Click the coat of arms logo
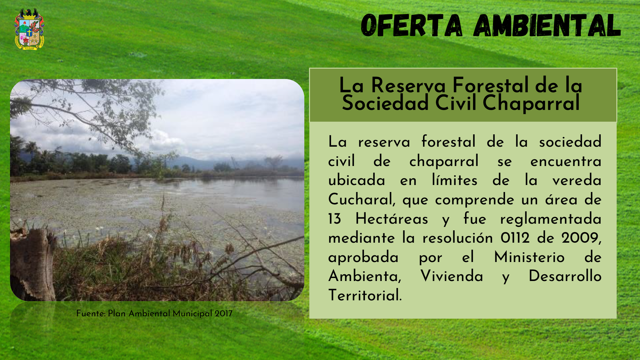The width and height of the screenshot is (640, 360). pos(29,29)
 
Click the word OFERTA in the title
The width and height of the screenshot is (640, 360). pos(412,25)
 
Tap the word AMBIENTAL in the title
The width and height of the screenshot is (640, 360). pos(547,25)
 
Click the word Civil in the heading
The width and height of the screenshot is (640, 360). pos(456,103)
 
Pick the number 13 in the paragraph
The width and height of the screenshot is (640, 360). pos(334,219)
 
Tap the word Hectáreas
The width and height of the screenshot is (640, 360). pos(392,219)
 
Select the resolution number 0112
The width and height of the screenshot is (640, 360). pos(515,238)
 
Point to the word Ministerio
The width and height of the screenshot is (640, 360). pos(529,257)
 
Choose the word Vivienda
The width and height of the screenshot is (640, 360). pos(452,276)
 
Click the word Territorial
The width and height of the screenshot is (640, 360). pos(365,296)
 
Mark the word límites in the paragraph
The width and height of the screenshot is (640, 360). pos(455,180)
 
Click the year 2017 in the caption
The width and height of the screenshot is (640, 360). pos(224,314)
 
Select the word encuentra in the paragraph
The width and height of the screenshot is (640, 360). pos(566,162)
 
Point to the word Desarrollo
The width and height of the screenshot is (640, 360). pos(565,276)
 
